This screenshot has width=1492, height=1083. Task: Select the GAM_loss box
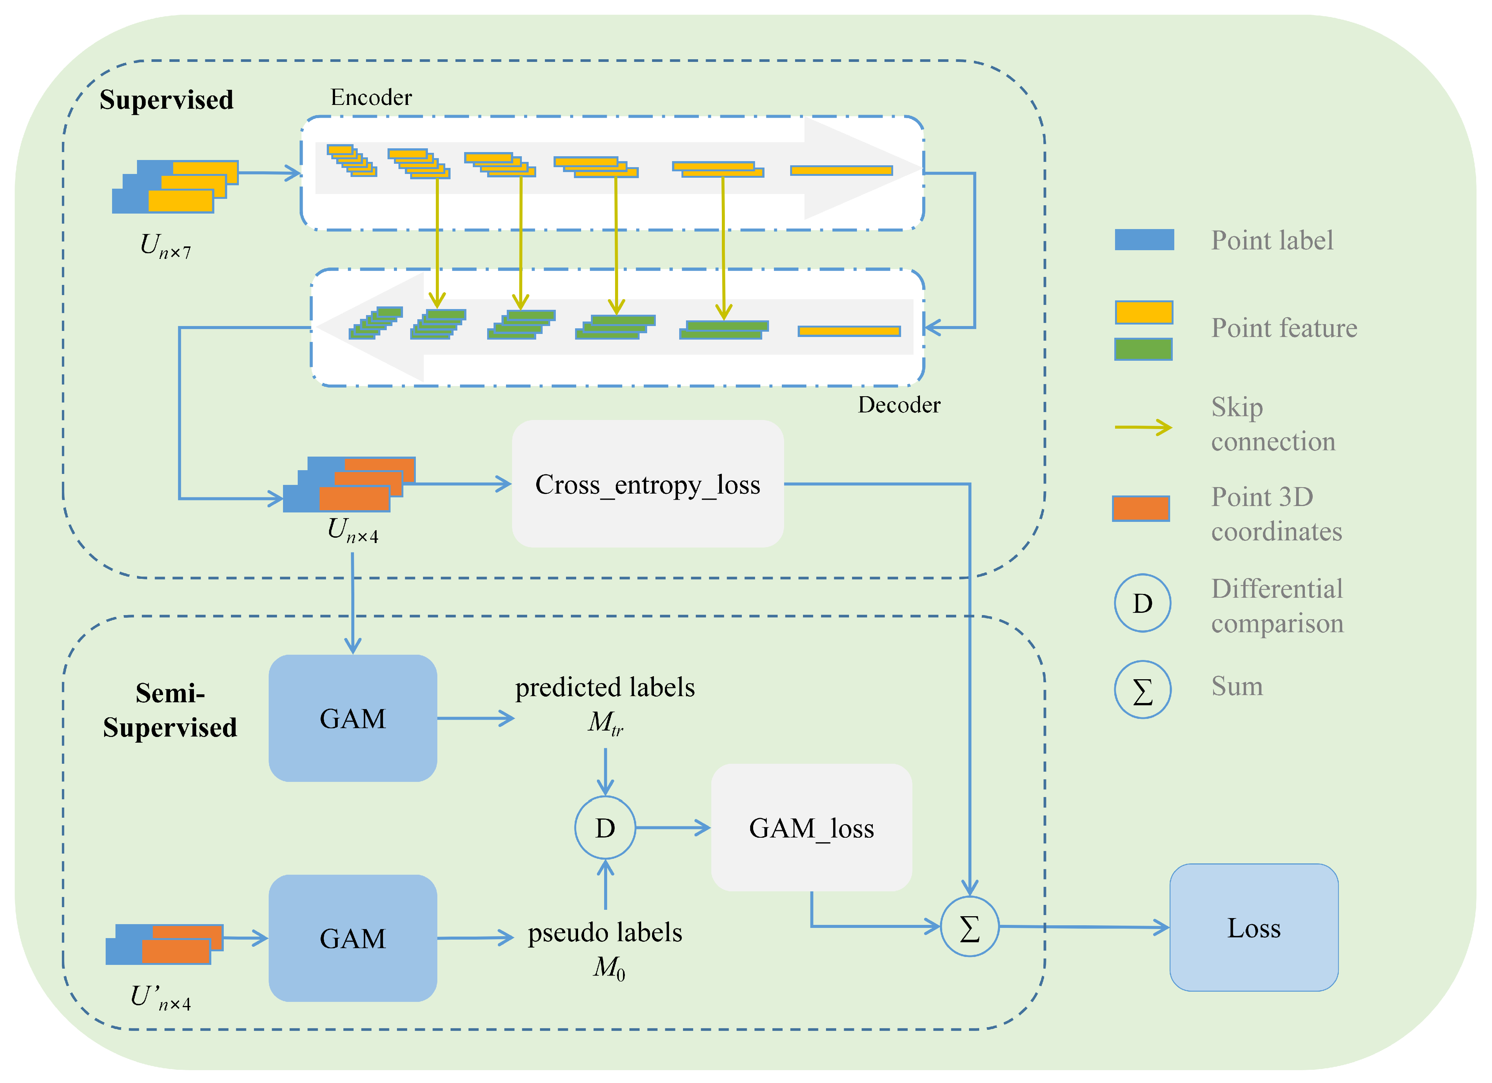(x=811, y=828)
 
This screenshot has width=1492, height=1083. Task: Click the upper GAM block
(x=352, y=718)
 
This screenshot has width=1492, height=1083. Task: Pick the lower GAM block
(x=352, y=938)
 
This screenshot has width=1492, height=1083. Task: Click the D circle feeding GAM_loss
(x=604, y=828)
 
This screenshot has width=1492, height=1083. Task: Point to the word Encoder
(x=371, y=97)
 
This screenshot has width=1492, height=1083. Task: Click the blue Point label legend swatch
(x=1144, y=240)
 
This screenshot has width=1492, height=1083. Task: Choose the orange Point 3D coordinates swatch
(x=1141, y=509)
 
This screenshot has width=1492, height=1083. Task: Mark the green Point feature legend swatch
(x=1143, y=349)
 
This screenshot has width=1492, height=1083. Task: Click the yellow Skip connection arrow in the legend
(x=1143, y=427)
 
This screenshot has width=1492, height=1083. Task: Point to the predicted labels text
(x=604, y=688)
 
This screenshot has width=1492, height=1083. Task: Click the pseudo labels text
(x=604, y=933)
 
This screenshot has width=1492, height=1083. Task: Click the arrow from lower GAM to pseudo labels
(x=475, y=938)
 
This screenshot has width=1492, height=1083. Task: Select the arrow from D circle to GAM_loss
(x=672, y=828)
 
